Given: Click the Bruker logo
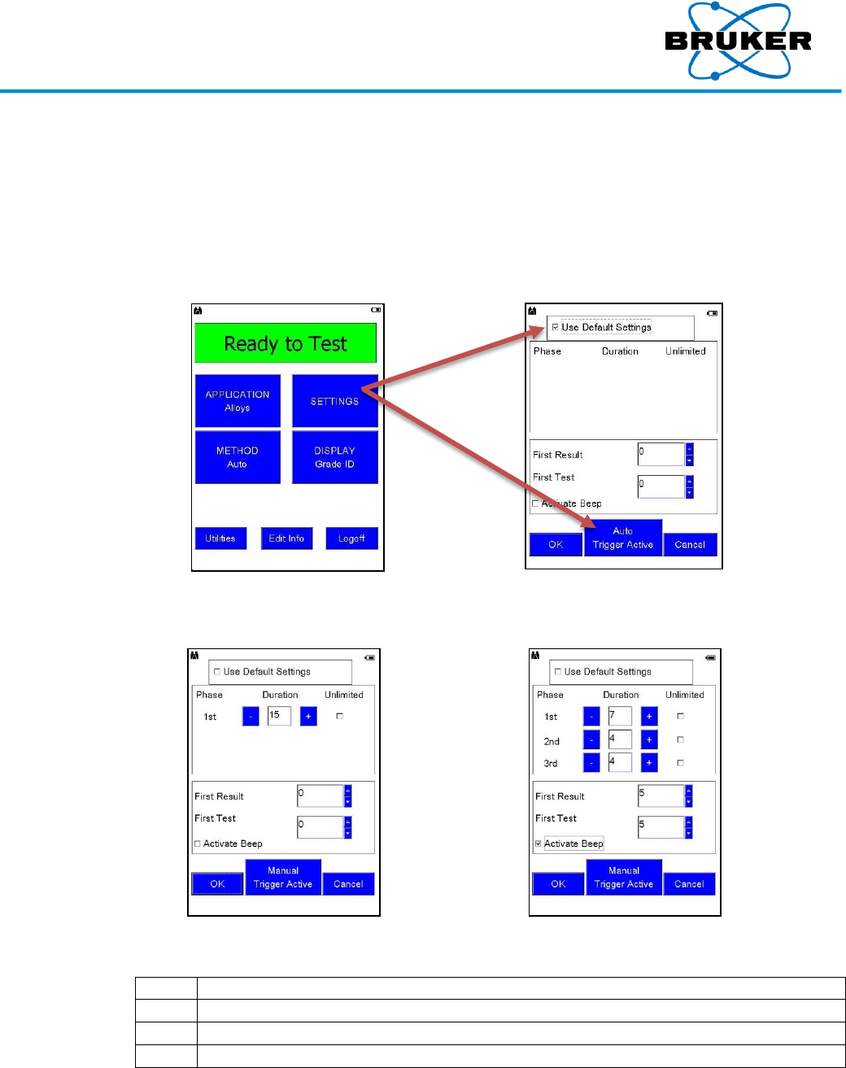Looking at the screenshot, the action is pyautogui.click(x=738, y=41).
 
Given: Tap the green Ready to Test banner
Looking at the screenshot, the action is pyautogui.click(x=286, y=343).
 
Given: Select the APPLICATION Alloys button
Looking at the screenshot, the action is pyautogui.click(x=238, y=401).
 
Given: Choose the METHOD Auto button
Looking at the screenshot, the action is pyautogui.click(x=238, y=457).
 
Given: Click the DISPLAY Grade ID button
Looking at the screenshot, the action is pyautogui.click(x=334, y=457).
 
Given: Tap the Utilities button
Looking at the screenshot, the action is pyautogui.click(x=220, y=538).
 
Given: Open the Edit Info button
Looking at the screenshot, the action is pyautogui.click(x=286, y=538).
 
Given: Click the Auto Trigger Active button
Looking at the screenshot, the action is pyautogui.click(x=623, y=538).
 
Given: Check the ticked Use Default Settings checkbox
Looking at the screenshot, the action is pyautogui.click(x=556, y=327).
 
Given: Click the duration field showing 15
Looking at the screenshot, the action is pyautogui.click(x=279, y=716).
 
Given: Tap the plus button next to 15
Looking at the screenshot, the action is pyautogui.click(x=308, y=717).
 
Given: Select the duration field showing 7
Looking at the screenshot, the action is pyautogui.click(x=620, y=717).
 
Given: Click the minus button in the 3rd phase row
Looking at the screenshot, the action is pyautogui.click(x=591, y=763).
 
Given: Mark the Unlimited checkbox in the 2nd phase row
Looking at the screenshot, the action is pyautogui.click(x=681, y=739).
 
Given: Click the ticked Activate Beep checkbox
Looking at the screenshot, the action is pyautogui.click(x=538, y=844).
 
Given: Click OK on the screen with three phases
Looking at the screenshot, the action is pyautogui.click(x=558, y=884).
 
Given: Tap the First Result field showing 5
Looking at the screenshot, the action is pyautogui.click(x=661, y=796).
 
